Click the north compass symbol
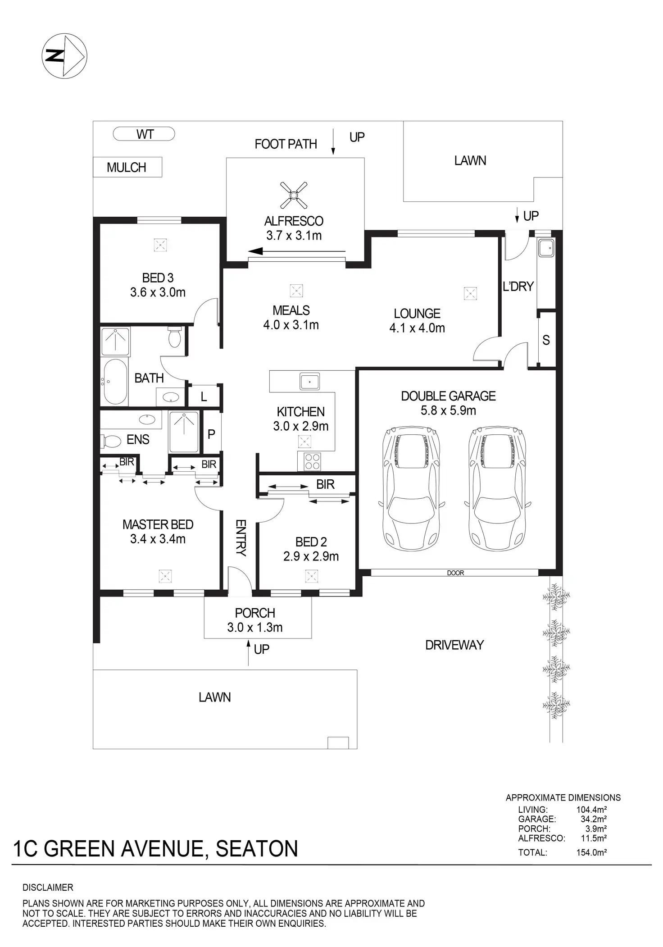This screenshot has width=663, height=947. (64, 56)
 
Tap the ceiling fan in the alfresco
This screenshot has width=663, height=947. (294, 195)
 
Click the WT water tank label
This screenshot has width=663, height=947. (144, 134)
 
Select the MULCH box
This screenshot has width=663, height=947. (127, 167)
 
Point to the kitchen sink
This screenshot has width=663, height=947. (309, 381)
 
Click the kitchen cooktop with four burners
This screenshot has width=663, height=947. (309, 461)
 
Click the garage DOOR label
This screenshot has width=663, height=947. (455, 573)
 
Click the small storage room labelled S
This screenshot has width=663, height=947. (546, 340)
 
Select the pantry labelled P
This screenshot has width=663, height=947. (212, 433)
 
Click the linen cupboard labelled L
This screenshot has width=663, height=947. (204, 396)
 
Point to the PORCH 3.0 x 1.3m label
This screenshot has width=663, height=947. (255, 620)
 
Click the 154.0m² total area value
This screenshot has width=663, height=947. (591, 852)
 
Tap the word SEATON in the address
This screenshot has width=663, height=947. (257, 848)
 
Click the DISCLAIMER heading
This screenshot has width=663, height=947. (48, 887)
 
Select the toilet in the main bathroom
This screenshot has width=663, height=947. (174, 337)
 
